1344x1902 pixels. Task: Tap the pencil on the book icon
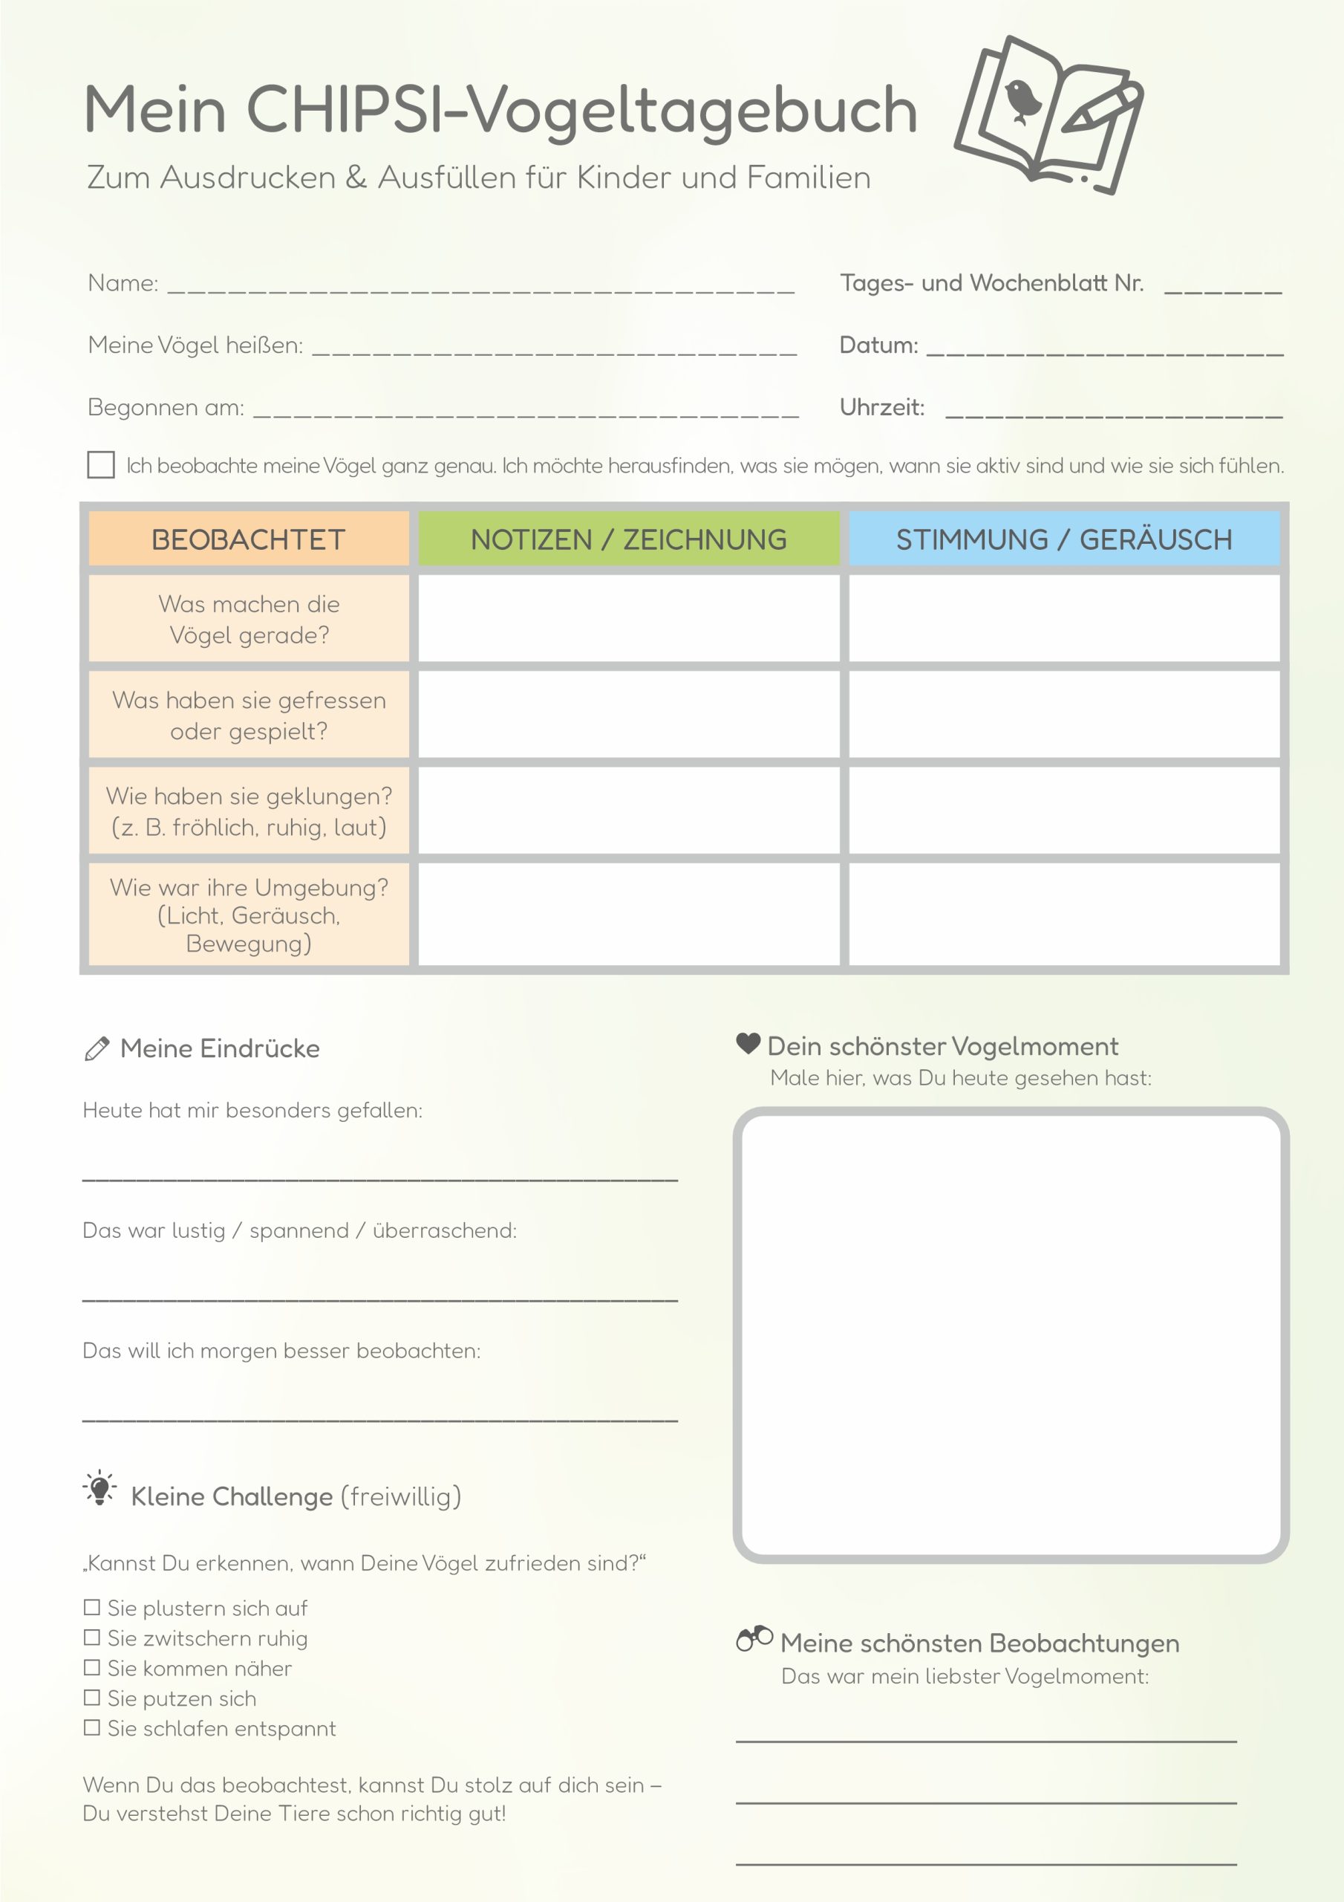coord(1100,108)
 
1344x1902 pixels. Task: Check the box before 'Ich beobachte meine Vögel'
coord(101,465)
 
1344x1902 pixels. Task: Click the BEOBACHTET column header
coord(249,539)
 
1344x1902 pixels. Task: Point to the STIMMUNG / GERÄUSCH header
coord(1064,539)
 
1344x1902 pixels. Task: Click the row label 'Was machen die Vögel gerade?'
coord(249,619)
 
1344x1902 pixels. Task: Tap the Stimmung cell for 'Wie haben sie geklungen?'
coord(1064,811)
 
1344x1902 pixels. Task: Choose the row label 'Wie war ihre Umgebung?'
coord(249,915)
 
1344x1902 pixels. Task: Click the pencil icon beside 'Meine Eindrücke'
coord(97,1049)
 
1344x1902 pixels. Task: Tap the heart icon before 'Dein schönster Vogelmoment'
coord(748,1044)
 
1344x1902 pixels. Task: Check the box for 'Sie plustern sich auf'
coord(92,1607)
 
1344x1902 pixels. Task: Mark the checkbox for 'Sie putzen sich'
coord(92,1698)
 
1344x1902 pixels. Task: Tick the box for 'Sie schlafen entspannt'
coord(92,1727)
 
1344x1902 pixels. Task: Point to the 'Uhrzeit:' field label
coord(882,408)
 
